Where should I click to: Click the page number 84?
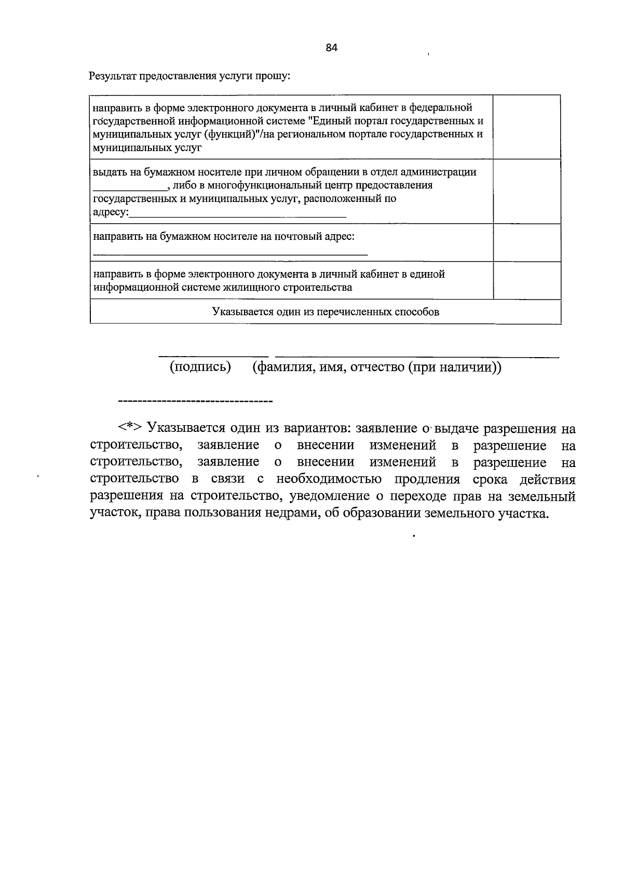(332, 48)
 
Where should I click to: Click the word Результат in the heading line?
(111, 77)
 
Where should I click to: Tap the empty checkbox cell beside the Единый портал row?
(526, 127)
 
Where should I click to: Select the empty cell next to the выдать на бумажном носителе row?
(526, 192)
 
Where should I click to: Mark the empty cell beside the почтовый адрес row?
(526, 242)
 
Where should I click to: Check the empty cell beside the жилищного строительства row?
(526, 280)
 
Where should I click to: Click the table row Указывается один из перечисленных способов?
(325, 312)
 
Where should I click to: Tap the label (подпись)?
(200, 367)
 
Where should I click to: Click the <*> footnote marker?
(129, 428)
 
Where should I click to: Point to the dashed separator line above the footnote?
(196, 401)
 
